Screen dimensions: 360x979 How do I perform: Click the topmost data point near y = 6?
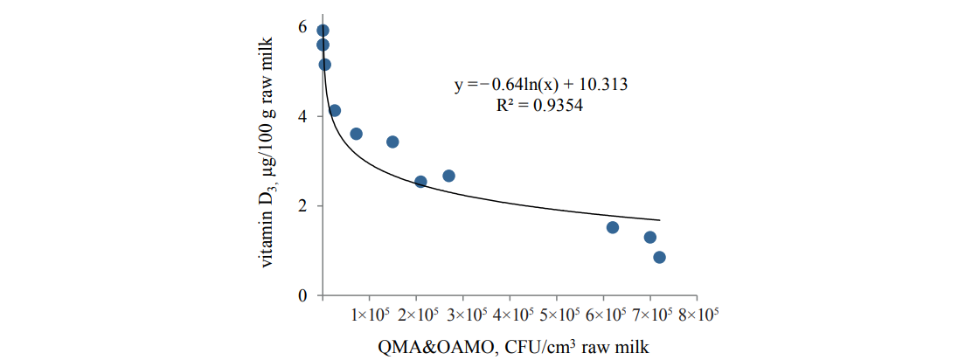pos(323,31)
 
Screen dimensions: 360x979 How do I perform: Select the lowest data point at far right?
pos(659,257)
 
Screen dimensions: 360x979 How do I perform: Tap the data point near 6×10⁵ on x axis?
pos(613,227)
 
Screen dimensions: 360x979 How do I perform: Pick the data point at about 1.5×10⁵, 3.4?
pos(392,142)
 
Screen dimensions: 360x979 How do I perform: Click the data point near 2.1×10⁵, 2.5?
pos(420,182)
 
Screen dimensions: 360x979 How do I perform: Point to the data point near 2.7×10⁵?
pos(448,176)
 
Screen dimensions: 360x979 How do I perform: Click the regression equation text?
pos(540,86)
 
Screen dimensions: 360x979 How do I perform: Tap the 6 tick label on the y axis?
pos(302,27)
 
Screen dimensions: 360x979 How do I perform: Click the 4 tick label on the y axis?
pos(302,116)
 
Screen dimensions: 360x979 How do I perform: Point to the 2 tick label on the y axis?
pos(302,206)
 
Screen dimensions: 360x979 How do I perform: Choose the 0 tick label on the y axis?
pos(302,296)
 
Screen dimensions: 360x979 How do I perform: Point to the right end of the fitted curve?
pos(659,220)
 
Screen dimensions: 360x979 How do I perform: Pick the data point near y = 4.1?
pos(335,110)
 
